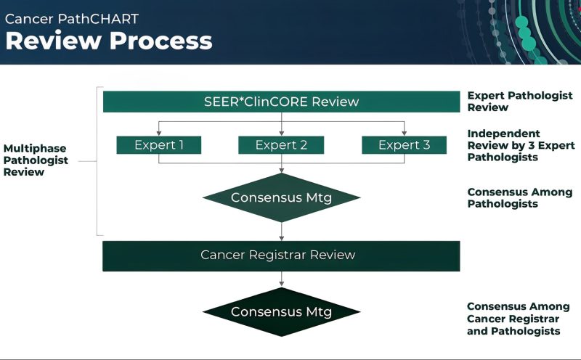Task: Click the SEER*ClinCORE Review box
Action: [281, 102]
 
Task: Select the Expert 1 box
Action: [159, 145]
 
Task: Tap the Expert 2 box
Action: [281, 145]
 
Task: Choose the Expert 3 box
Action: [404, 145]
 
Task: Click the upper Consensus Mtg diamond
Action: [281, 197]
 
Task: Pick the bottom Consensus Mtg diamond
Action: [281, 312]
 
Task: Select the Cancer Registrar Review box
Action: [281, 255]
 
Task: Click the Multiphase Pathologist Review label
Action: [36, 160]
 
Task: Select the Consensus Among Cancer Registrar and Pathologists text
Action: [518, 319]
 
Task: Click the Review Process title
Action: [109, 41]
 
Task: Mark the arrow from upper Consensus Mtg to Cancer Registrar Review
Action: [281, 231]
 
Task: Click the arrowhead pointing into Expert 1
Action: [159, 134]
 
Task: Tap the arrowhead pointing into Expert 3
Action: [404, 134]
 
